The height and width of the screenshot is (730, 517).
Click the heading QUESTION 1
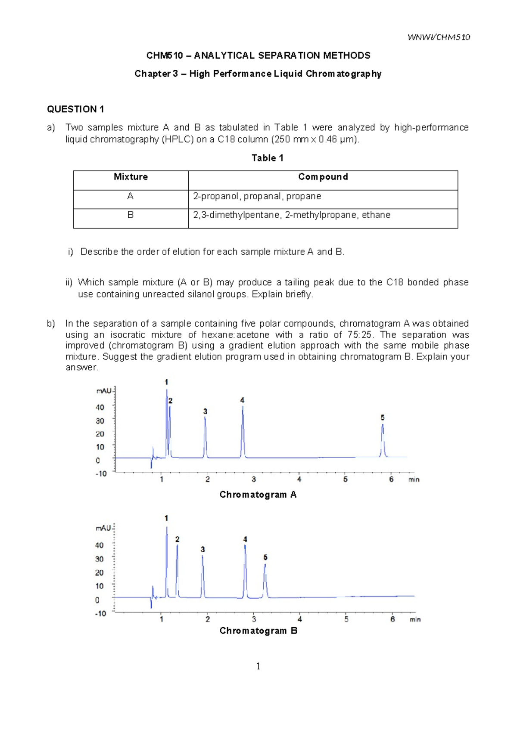pos(75,109)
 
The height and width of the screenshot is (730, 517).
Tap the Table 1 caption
pos(267,158)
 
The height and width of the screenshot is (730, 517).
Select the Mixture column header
pos(131,177)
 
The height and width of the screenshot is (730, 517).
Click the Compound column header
pos(323,177)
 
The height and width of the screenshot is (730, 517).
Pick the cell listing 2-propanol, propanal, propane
pos(257,196)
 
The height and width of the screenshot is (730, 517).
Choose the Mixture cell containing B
pos(131,215)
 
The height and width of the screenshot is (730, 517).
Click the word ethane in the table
pos(376,215)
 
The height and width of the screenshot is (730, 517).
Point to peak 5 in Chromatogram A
pos(383,439)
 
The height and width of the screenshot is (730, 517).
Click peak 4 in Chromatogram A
pos(243,430)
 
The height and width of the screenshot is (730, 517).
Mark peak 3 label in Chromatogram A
pos(205,411)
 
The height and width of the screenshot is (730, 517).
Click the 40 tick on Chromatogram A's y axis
pos(100,407)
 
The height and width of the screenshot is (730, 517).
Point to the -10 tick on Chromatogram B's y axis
pos(100,613)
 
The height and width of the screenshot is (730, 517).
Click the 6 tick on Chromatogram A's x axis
pos(391,479)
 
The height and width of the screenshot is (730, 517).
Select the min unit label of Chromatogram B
pos(415,619)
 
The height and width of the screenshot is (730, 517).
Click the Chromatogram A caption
pos(258,495)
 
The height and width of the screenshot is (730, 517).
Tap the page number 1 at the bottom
pos(258,666)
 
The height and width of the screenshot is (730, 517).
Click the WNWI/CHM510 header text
pos(439,37)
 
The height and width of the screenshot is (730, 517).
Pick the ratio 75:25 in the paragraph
pos(359,335)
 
